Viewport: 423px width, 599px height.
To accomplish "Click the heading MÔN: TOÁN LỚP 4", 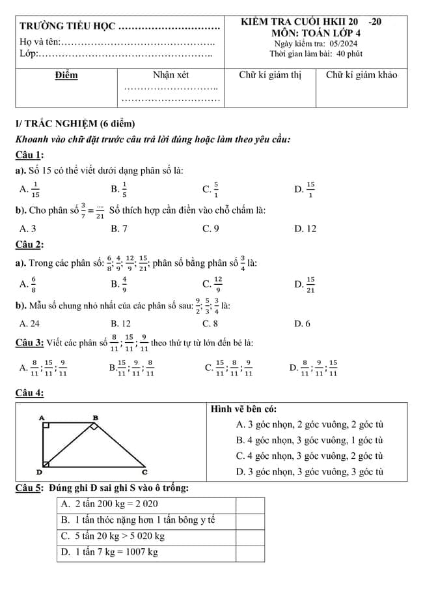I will (316, 33).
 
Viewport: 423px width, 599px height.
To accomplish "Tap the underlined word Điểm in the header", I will (66, 75).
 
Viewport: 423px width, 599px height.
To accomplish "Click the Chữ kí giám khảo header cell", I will (361, 75).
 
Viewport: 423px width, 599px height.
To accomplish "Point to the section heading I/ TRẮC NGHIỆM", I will (75, 124).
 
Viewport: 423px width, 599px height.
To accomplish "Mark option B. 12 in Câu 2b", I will (120, 323).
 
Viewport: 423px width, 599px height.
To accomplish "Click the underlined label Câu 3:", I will (30, 342).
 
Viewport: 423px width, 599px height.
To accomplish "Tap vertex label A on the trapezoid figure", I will (42, 417).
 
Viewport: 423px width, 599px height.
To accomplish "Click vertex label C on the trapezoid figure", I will (144, 471).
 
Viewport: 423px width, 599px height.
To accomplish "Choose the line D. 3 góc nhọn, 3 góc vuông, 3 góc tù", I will (309, 472).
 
